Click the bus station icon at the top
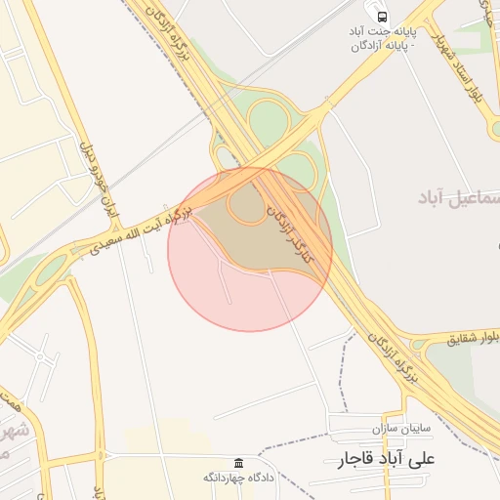(382, 17)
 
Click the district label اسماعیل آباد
(458, 198)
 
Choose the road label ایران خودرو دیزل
(96, 180)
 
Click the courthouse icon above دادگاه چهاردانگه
(238, 462)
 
